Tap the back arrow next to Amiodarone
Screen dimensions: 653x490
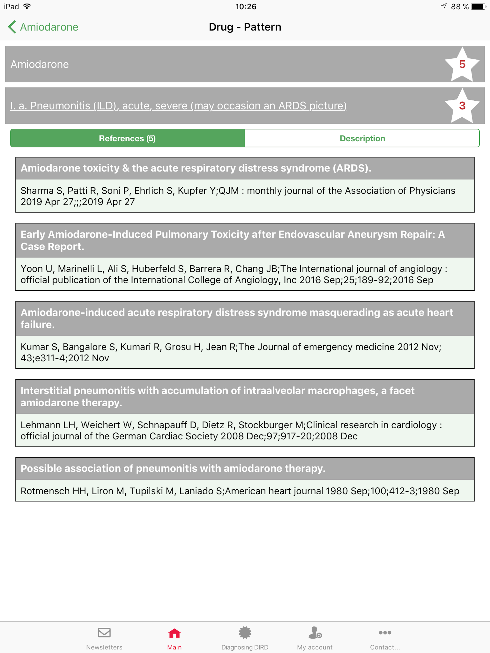tap(12, 27)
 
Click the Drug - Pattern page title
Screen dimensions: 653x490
tap(245, 27)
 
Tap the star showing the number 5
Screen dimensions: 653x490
tap(462, 64)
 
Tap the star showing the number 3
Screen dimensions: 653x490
tap(462, 106)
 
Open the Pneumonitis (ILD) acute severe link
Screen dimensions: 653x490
tap(178, 106)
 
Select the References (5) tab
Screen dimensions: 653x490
tap(127, 138)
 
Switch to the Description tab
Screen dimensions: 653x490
tap(362, 138)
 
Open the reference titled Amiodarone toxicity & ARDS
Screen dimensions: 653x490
tap(196, 168)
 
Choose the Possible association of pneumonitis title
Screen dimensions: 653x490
tap(173, 468)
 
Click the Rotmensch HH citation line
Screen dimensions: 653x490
tap(240, 491)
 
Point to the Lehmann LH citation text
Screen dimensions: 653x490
tap(231, 430)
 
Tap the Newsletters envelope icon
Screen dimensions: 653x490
tap(104, 633)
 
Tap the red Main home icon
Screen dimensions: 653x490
tap(174, 633)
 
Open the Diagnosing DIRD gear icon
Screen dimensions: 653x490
tap(245, 633)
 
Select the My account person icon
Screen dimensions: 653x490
tap(315, 633)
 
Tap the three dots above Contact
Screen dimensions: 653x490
tap(385, 633)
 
